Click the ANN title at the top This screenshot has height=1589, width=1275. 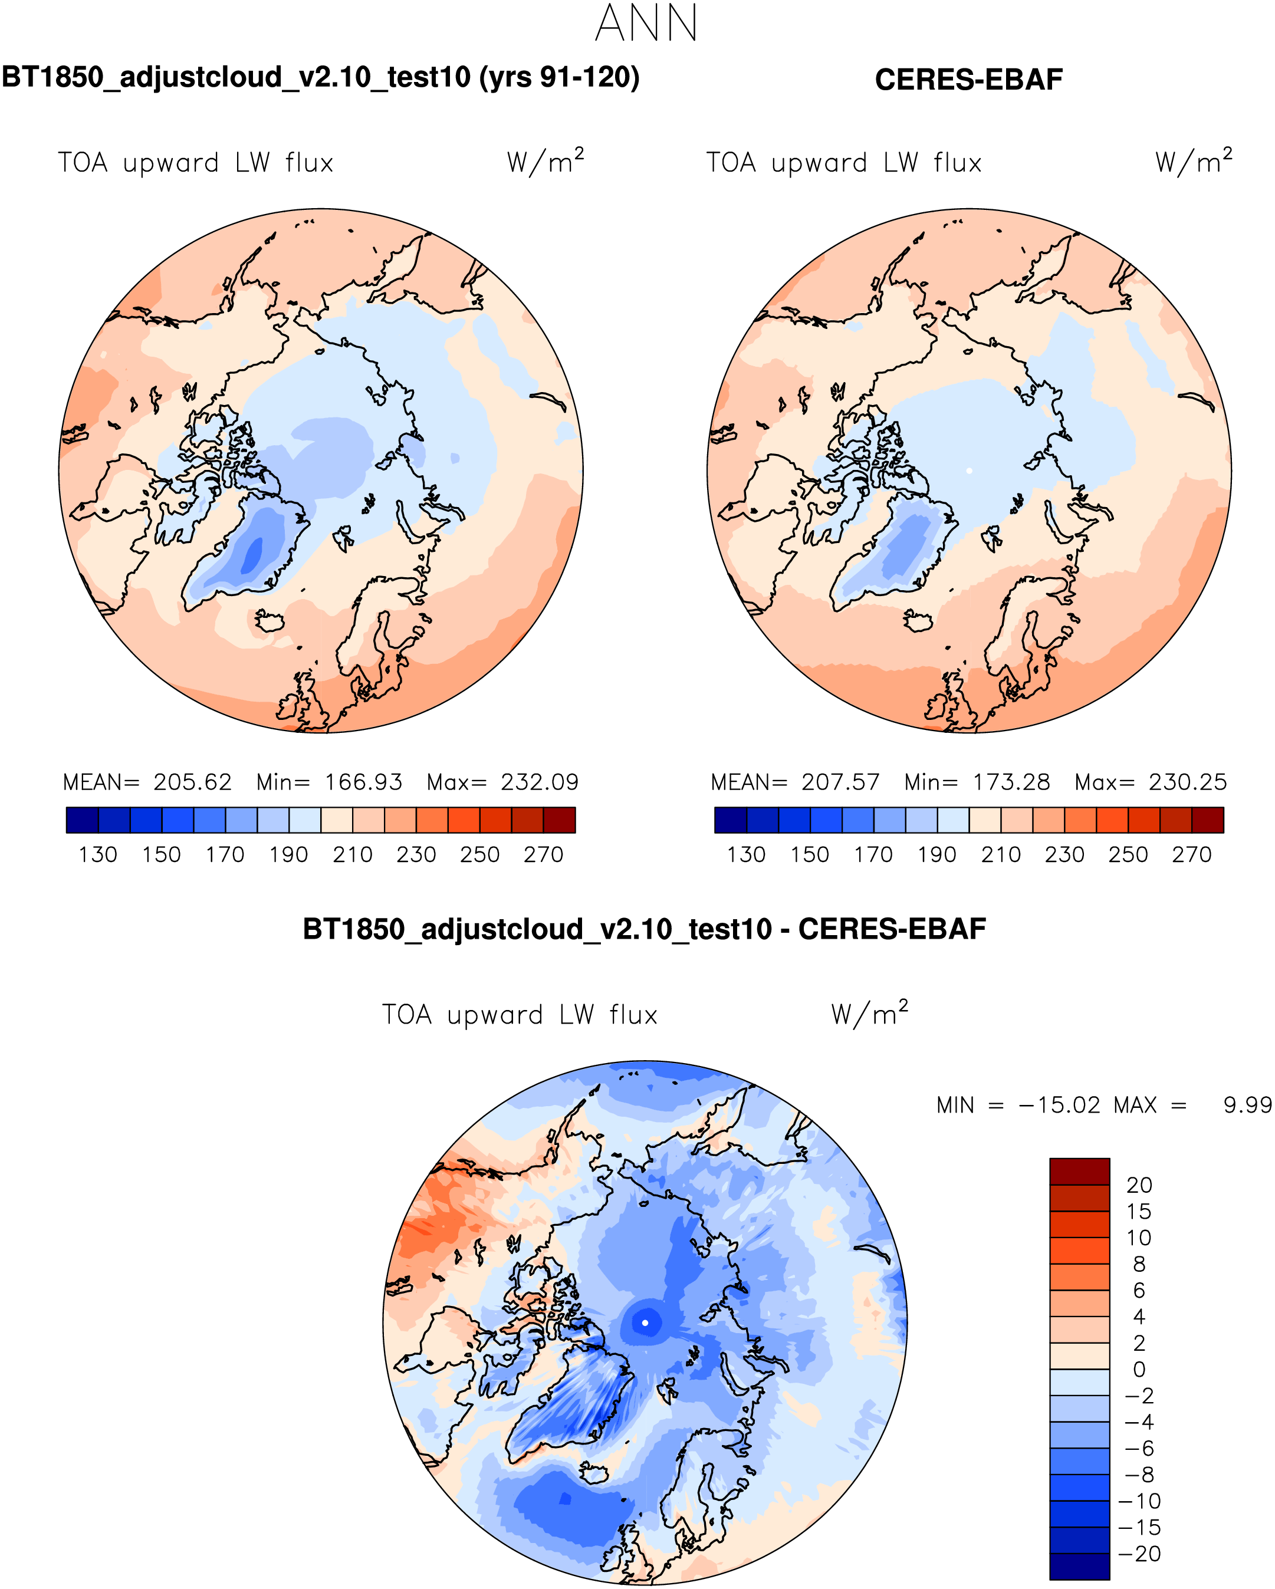[x=646, y=24]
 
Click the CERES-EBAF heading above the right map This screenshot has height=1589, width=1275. [x=968, y=80]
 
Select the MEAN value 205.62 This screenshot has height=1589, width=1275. [x=192, y=782]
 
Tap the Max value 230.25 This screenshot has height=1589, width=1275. [x=1187, y=782]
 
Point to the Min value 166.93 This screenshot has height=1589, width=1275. [x=363, y=782]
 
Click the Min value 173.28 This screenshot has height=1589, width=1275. [x=1011, y=782]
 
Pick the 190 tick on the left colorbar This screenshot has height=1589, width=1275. [x=288, y=855]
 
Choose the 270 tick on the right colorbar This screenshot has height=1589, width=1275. [x=1191, y=855]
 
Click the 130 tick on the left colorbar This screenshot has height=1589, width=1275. [x=98, y=855]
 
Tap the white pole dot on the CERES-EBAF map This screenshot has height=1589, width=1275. [x=969, y=471]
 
